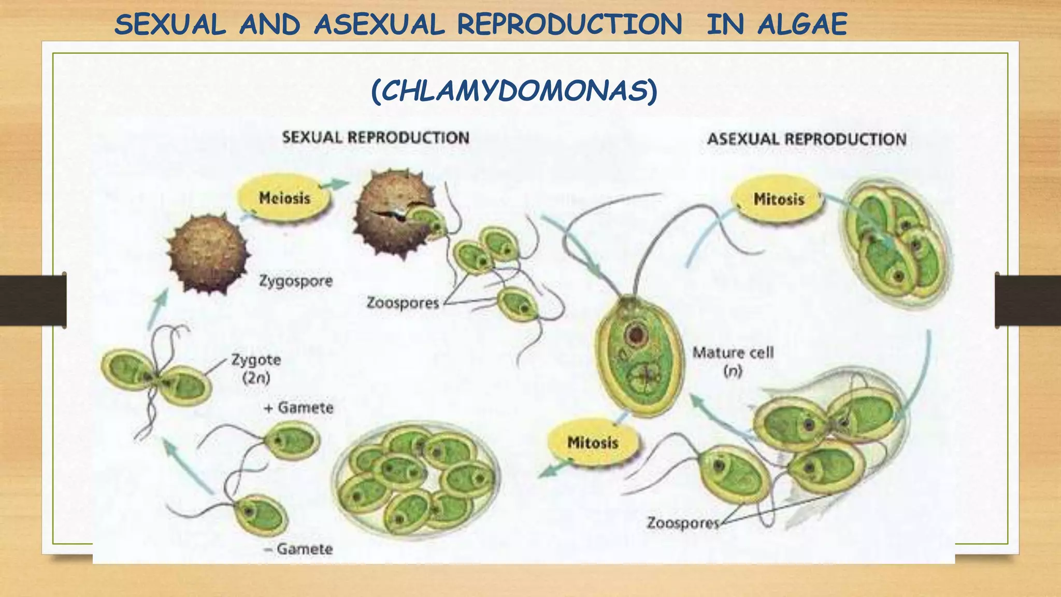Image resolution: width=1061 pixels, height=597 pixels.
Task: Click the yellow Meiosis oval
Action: pyautogui.click(x=284, y=198)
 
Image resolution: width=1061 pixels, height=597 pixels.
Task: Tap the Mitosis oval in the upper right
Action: pyautogui.click(x=778, y=199)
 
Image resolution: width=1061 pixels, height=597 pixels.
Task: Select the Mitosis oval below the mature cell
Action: pyautogui.click(x=593, y=443)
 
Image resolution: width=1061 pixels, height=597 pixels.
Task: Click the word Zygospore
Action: pyautogui.click(x=296, y=281)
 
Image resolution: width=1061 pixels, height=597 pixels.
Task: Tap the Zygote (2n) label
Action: pyautogui.click(x=256, y=368)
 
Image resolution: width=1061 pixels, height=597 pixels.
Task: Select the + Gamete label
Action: pyautogui.click(x=298, y=408)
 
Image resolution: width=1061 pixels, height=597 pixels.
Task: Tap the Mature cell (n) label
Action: pyautogui.click(x=733, y=361)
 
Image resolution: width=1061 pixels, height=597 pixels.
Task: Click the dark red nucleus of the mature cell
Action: pyautogui.click(x=636, y=334)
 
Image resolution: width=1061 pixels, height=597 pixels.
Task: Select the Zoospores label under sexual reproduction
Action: pyautogui.click(x=403, y=303)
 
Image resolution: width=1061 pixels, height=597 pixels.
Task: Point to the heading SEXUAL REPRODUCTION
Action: pyautogui.click(x=376, y=137)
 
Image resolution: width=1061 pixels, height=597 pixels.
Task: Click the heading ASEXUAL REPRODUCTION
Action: pyautogui.click(x=807, y=139)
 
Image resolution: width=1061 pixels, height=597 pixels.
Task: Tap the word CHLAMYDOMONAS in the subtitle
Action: pyautogui.click(x=514, y=91)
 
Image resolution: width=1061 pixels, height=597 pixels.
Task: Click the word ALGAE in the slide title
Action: pyautogui.click(x=802, y=24)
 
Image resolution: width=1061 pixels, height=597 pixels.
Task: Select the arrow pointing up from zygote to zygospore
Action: pyautogui.click(x=159, y=308)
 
